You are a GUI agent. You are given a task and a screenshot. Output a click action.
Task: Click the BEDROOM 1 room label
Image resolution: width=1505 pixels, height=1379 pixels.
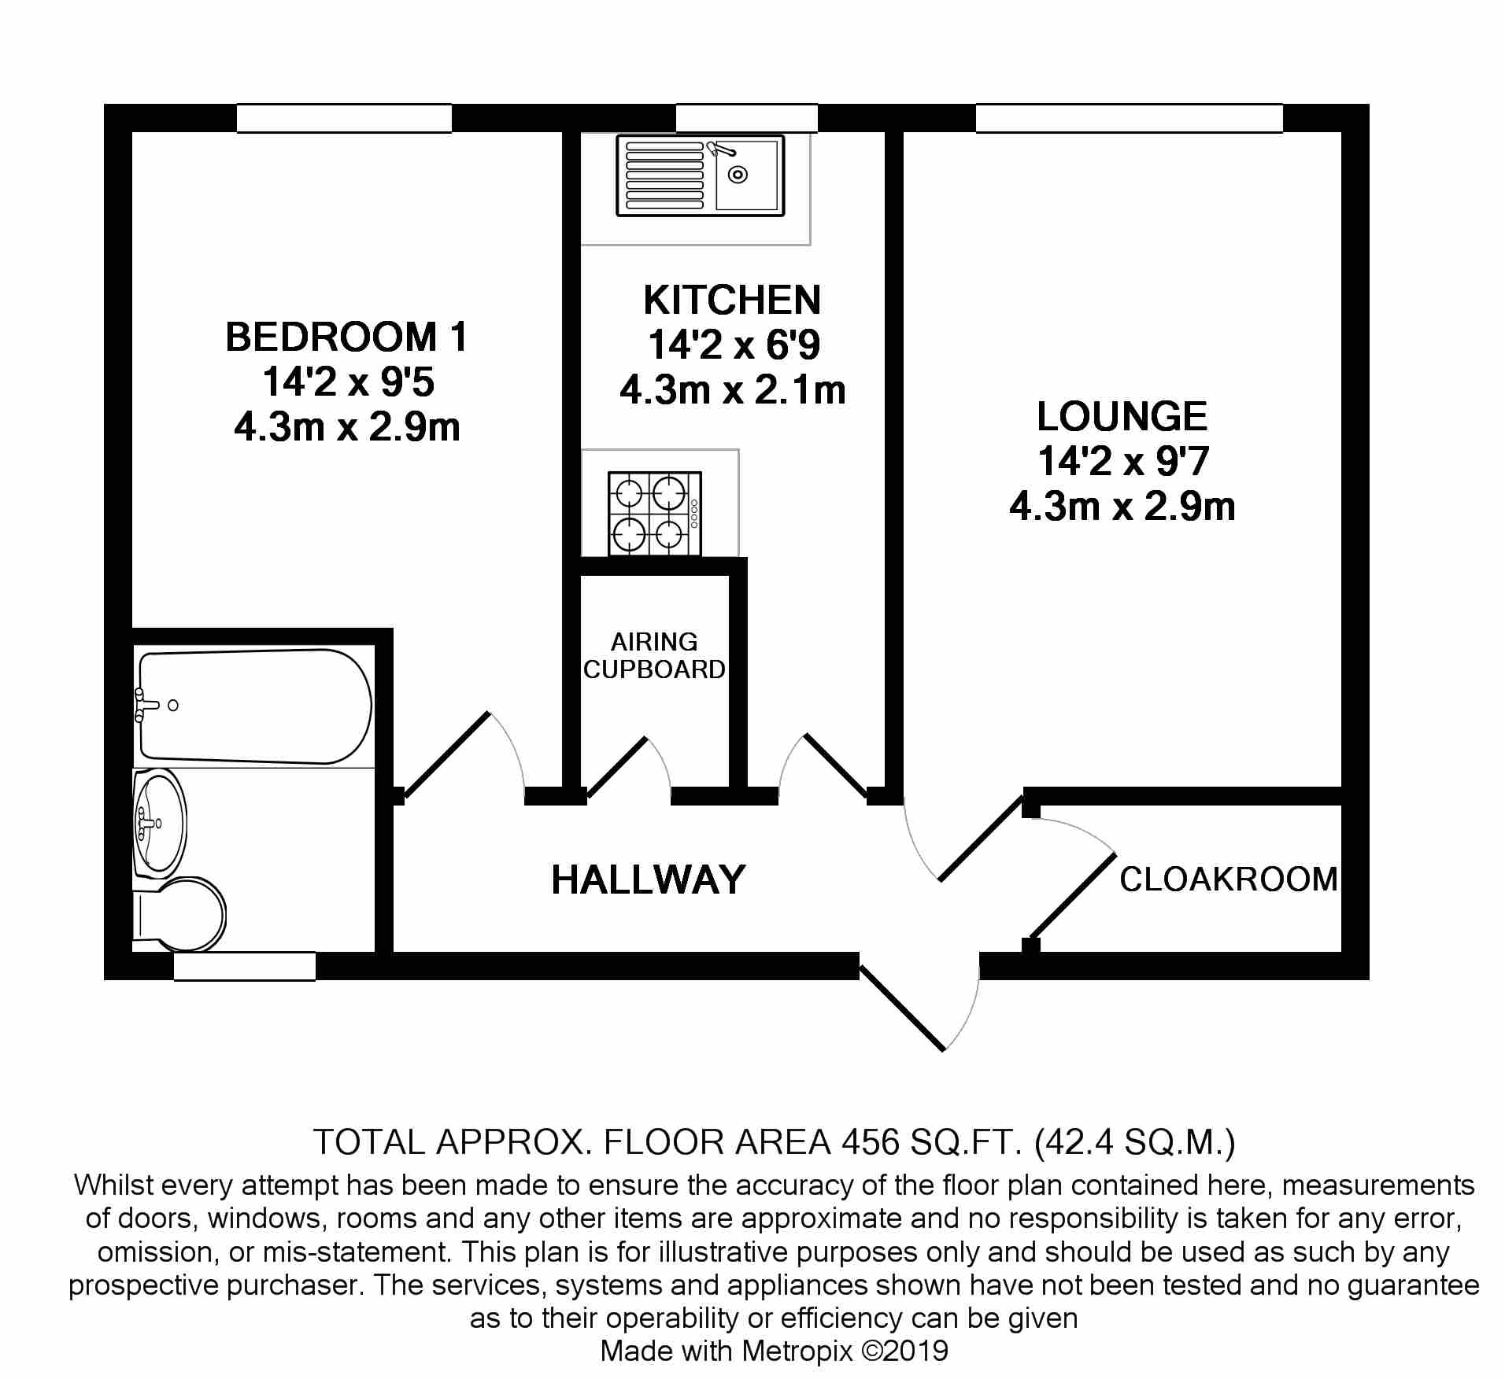[x=347, y=337]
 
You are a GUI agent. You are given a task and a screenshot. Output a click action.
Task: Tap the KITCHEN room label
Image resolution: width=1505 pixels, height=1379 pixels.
[x=732, y=301]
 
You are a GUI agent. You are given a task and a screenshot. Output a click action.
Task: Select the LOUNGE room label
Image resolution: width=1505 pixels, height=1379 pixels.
[x=1122, y=416]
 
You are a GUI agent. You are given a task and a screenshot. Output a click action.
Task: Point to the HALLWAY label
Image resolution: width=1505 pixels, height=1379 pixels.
[x=648, y=879]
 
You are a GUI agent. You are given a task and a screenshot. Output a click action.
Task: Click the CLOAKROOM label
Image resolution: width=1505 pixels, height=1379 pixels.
[x=1229, y=879]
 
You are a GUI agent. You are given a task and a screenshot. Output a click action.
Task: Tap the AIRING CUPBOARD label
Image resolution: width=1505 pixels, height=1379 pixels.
[x=654, y=655]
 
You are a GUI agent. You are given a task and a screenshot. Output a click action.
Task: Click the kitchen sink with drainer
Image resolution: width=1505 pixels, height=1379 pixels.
[x=701, y=175]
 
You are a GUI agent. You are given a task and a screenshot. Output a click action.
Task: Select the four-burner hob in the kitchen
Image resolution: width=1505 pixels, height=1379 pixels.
[x=654, y=514]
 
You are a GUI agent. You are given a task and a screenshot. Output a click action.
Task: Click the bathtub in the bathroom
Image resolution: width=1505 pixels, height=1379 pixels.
[x=254, y=706]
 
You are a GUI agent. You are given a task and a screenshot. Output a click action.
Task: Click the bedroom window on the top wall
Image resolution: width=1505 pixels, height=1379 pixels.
[x=345, y=119]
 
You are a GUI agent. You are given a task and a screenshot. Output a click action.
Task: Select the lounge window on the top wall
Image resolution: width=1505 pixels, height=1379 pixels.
[x=1130, y=119]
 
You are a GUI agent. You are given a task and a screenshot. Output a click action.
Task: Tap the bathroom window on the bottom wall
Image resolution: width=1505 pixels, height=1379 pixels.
[x=245, y=966]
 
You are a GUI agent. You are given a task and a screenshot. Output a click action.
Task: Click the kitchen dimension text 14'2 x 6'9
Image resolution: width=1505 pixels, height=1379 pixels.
[x=733, y=345]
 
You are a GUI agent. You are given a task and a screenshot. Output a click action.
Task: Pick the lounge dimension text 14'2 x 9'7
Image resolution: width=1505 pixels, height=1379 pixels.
[x=1122, y=461]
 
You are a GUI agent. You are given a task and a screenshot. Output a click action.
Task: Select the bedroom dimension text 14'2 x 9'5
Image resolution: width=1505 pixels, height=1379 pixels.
[x=347, y=383]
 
